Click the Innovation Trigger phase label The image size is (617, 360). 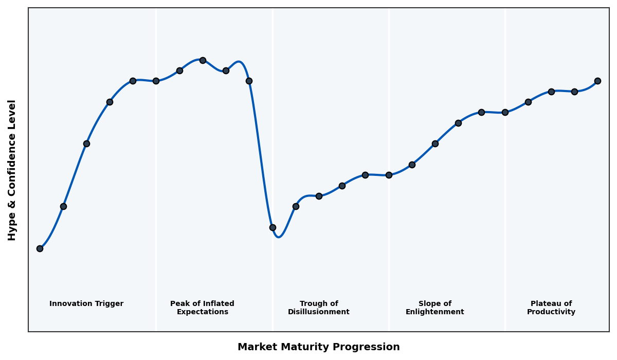pyautogui.click(x=86, y=304)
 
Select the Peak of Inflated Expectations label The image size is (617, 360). pyautogui.click(x=202, y=308)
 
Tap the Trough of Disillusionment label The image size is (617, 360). pyautogui.click(x=319, y=308)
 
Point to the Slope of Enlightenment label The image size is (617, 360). pyautogui.click(x=435, y=308)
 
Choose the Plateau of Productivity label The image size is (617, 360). pyautogui.click(x=551, y=308)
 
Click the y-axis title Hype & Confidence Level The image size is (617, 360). pyautogui.click(x=12, y=170)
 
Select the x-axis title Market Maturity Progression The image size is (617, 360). pyautogui.click(x=319, y=347)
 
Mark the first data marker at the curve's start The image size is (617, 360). pyautogui.click(x=40, y=248)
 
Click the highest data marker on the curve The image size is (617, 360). pyautogui.click(x=203, y=60)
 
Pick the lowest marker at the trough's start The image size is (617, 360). pyautogui.click(x=273, y=227)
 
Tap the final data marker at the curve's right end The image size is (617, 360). pyautogui.click(x=597, y=81)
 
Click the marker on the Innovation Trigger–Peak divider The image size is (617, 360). pyautogui.click(x=156, y=81)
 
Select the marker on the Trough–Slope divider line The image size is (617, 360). pyautogui.click(x=389, y=175)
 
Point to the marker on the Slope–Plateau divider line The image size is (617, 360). pyautogui.click(x=505, y=112)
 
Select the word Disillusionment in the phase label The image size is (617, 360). pyautogui.click(x=319, y=312)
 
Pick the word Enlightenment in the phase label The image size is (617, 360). pyautogui.click(x=435, y=312)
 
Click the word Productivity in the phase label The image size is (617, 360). pyautogui.click(x=551, y=312)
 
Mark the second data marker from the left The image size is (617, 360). pyautogui.click(x=63, y=206)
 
